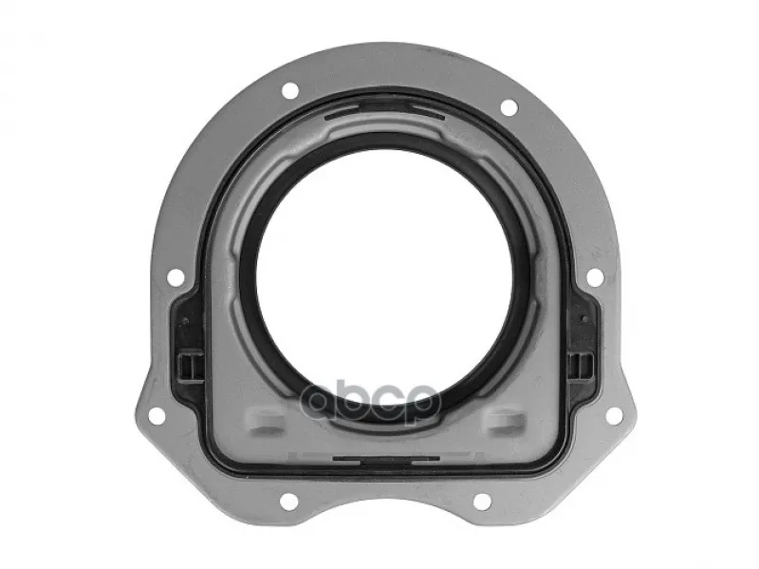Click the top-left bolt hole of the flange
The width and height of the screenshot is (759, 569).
290,90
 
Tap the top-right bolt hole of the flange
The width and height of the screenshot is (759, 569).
509,107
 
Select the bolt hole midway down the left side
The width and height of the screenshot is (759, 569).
176,277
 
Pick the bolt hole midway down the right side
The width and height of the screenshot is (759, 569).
595,276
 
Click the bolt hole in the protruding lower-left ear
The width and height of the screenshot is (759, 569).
157,415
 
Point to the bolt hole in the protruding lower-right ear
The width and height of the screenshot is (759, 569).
614,415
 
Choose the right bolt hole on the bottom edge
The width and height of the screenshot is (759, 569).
482,502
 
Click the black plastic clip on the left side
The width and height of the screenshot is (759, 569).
189,366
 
